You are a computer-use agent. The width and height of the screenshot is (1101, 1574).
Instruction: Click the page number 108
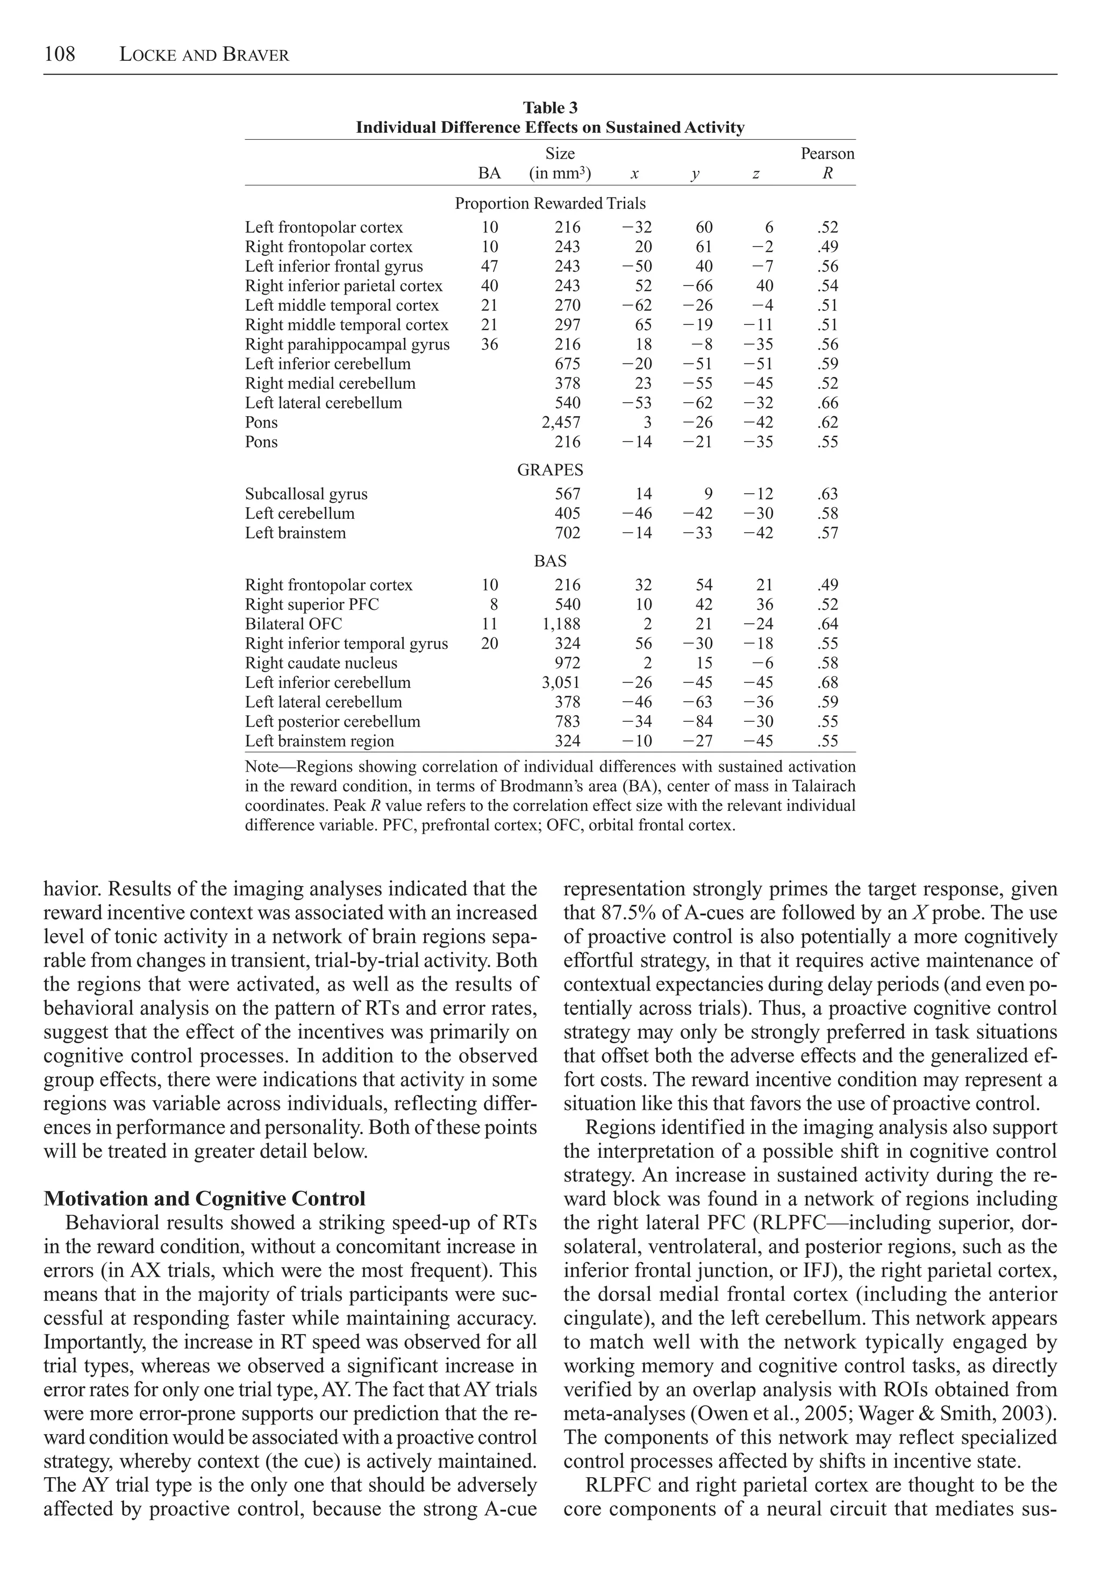(x=60, y=54)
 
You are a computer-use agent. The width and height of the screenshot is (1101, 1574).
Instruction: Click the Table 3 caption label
(x=550, y=108)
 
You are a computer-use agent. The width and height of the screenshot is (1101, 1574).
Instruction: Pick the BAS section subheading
(x=550, y=561)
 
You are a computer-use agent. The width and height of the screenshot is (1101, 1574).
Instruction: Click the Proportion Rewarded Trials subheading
(x=550, y=204)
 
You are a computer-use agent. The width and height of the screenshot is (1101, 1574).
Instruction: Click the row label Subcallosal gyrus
(x=306, y=494)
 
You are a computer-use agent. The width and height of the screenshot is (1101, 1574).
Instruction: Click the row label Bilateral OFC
(x=294, y=624)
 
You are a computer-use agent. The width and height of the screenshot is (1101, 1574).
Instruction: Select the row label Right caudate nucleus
(x=321, y=664)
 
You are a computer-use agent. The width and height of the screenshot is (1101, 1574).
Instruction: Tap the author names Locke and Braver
(x=204, y=55)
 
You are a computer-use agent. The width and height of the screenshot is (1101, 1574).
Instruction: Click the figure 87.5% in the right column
(x=624, y=914)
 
